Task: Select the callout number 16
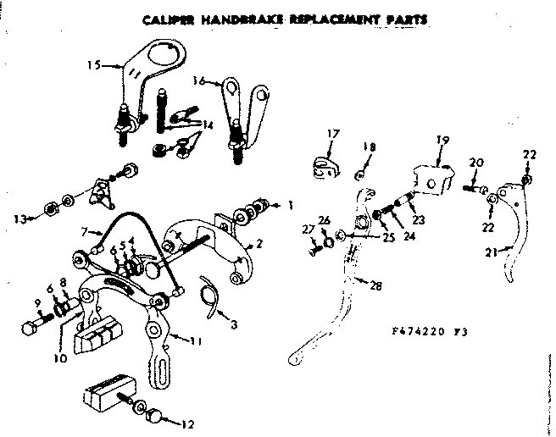tap(198, 81)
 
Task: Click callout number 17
tap(332, 133)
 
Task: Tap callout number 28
tap(375, 285)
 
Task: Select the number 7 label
tap(84, 231)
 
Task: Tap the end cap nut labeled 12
tap(157, 417)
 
